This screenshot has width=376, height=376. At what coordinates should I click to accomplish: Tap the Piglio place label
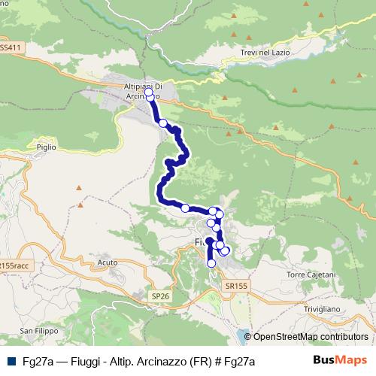tap(46, 147)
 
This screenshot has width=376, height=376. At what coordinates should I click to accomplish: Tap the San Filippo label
tap(38, 331)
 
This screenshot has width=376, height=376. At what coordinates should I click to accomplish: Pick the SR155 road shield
tap(237, 286)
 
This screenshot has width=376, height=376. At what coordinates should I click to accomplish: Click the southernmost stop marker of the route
tap(211, 263)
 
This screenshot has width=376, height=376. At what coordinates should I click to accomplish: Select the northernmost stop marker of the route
tap(148, 92)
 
